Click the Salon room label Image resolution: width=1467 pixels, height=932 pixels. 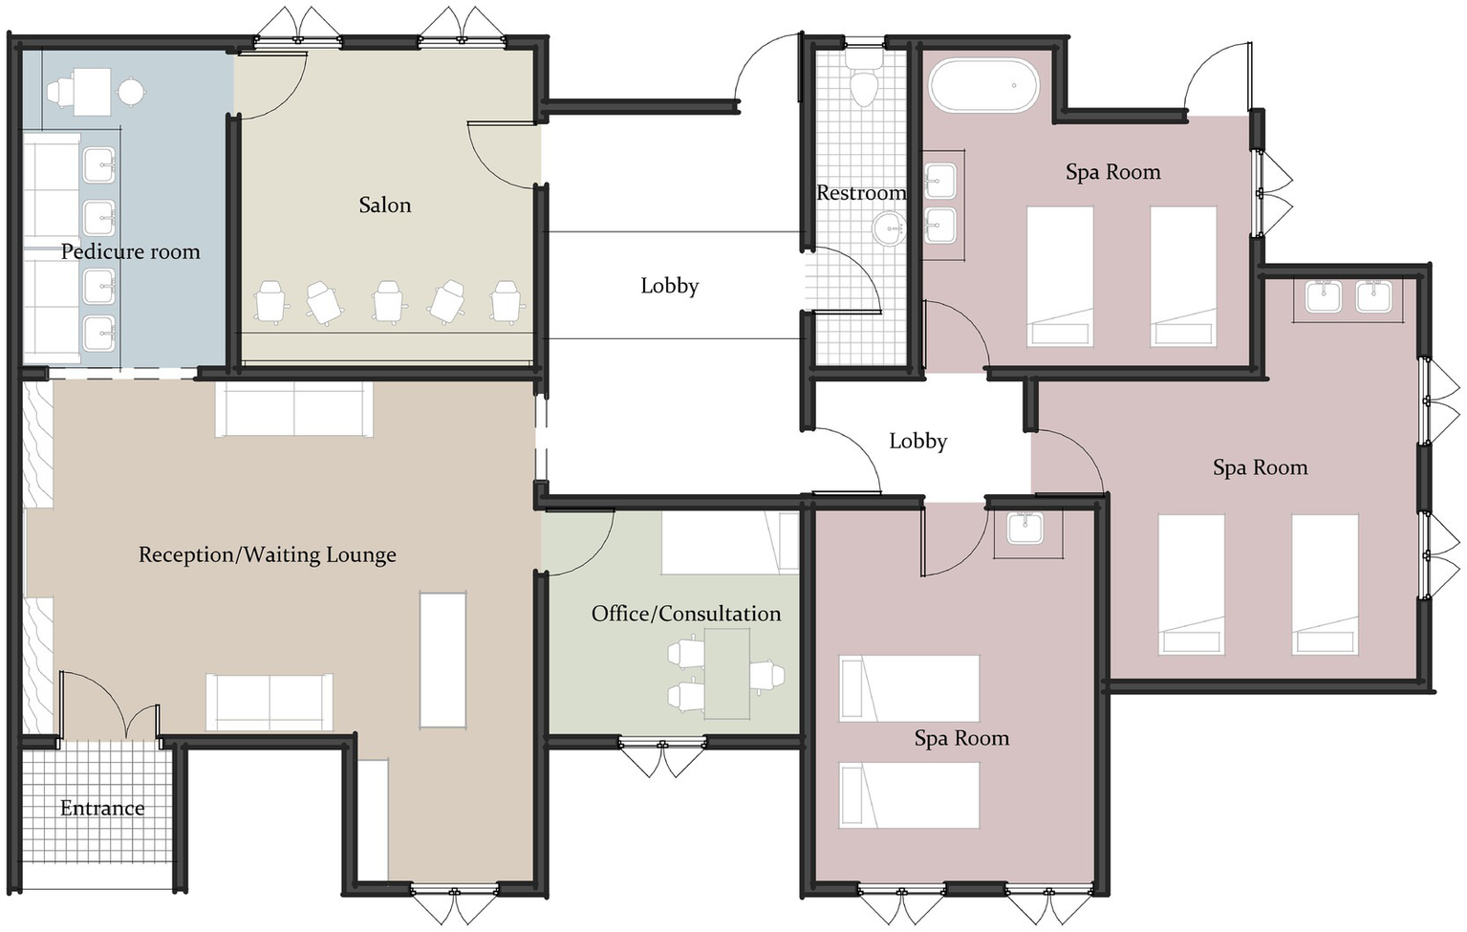click(x=384, y=205)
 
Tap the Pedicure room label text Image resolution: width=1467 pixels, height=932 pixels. click(x=130, y=251)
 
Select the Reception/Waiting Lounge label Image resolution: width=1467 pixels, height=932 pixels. click(x=267, y=554)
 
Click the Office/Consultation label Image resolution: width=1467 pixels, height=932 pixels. click(x=685, y=614)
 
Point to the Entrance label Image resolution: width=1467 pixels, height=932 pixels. click(x=102, y=808)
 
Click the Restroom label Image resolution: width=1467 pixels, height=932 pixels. click(x=860, y=193)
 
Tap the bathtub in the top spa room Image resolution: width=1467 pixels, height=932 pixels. click(x=983, y=86)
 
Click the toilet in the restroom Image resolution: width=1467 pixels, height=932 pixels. click(x=864, y=82)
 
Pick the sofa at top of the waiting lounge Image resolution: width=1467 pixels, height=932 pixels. click(x=294, y=410)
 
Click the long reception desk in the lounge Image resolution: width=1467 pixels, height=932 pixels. click(x=442, y=660)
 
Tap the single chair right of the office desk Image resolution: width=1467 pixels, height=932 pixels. click(x=767, y=675)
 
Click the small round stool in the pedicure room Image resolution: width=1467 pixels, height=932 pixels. click(x=131, y=92)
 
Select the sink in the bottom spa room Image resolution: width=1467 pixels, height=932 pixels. click(x=1026, y=528)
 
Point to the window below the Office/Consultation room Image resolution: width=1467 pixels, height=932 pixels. click(x=662, y=744)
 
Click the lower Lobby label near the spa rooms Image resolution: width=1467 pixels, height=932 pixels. click(x=917, y=441)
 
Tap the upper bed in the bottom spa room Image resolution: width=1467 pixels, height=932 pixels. click(x=909, y=687)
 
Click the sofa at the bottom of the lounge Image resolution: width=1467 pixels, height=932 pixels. click(x=270, y=702)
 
